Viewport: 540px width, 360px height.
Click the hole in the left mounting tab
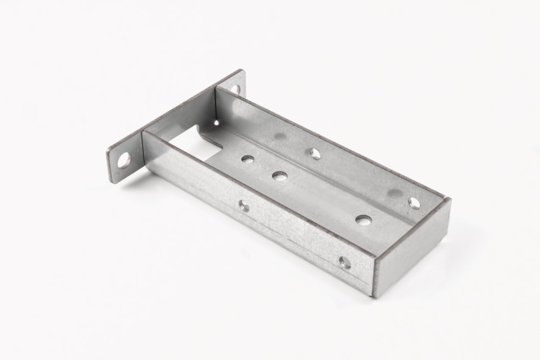point(124,160)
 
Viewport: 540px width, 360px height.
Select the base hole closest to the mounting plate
point(247,160)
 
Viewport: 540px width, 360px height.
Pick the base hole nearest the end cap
point(361,220)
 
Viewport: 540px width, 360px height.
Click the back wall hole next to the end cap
point(414,202)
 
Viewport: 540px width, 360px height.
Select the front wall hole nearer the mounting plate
point(244,206)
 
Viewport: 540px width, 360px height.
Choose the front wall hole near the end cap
point(344,262)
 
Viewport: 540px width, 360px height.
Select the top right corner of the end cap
point(449,199)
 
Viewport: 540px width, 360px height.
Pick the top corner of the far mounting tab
point(243,70)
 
